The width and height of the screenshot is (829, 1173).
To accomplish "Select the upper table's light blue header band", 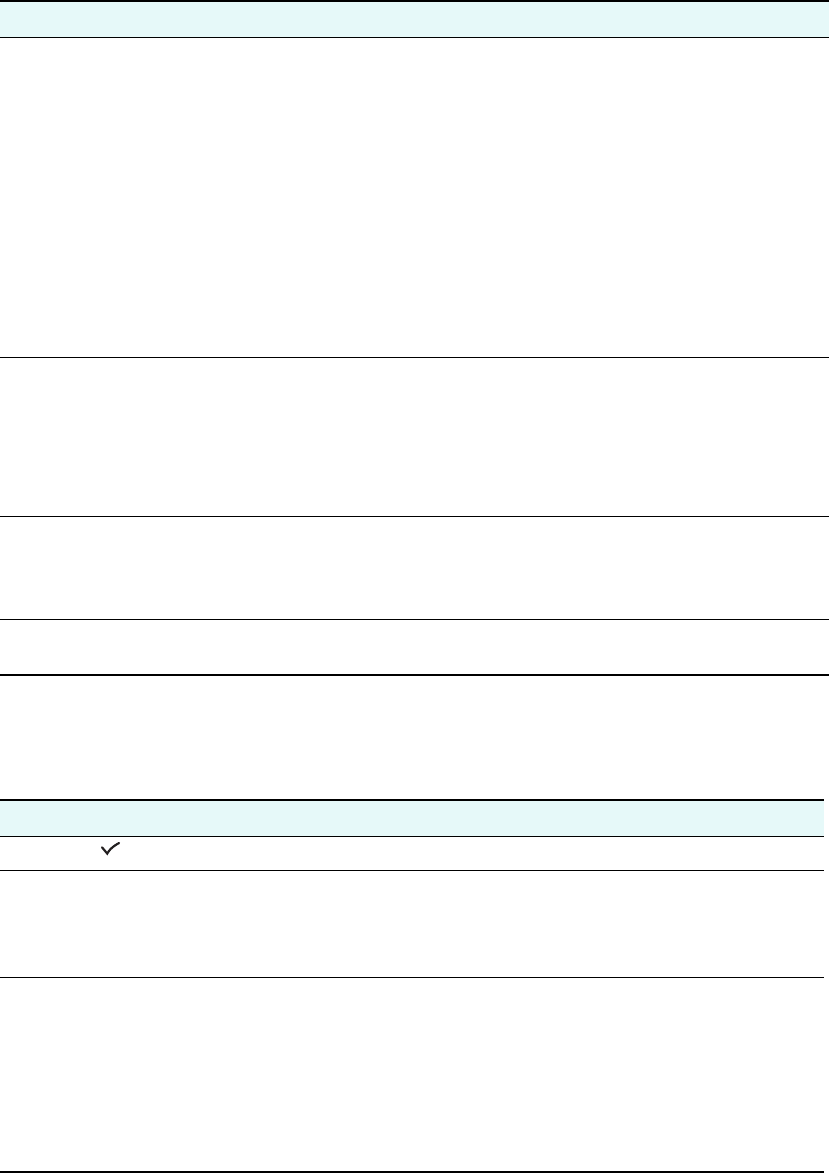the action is [x=414, y=19].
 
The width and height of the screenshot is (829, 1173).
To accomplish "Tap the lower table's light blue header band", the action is [x=414, y=818].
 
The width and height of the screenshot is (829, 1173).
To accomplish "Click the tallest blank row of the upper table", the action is [x=414, y=197].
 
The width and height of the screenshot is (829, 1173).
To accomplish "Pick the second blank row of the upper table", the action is [x=414, y=435].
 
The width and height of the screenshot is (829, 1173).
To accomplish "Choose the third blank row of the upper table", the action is [x=414, y=568].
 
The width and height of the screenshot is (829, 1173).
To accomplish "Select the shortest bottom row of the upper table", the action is [x=414, y=647].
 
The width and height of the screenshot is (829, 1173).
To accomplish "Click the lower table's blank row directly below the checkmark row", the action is [x=414, y=923].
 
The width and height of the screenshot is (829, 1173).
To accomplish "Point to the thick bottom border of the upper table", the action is [x=414, y=675].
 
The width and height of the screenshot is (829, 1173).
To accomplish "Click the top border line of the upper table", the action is [x=414, y=1].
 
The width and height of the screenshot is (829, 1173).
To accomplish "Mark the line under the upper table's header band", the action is [x=414, y=38].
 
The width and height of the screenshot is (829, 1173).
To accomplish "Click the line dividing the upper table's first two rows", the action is [x=414, y=357].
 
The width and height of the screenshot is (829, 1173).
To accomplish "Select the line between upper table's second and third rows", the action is [x=414, y=515].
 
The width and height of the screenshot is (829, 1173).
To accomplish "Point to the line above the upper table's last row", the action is [x=414, y=620].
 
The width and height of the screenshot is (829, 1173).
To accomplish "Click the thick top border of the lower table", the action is [x=414, y=800].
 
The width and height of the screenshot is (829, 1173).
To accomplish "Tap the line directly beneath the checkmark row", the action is [x=414, y=871].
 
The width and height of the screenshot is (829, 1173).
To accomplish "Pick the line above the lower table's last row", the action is [x=414, y=977].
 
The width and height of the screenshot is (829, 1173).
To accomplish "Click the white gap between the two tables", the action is [x=414, y=738].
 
